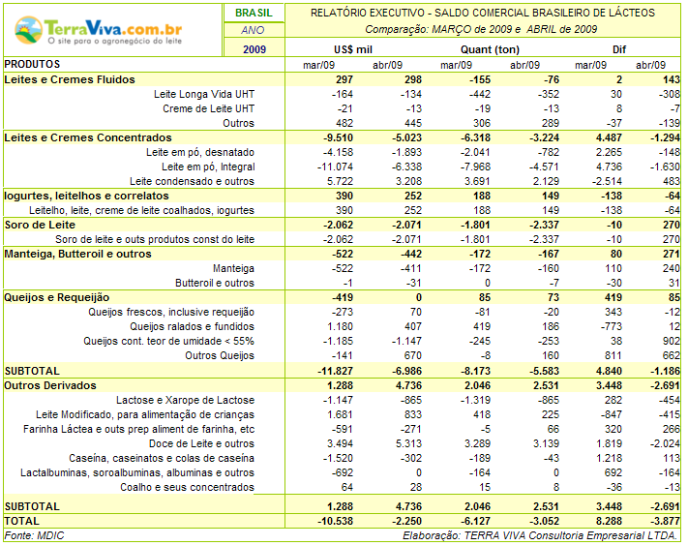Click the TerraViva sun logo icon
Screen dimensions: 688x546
click(x=28, y=30)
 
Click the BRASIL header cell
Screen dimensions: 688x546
click(x=254, y=13)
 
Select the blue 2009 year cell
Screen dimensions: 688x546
click(x=254, y=49)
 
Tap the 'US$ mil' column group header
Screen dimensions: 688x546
click(x=353, y=49)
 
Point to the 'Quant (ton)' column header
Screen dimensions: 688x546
click(x=490, y=49)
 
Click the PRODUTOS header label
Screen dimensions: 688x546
click(x=32, y=64)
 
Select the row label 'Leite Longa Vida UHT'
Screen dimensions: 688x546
click(x=204, y=94)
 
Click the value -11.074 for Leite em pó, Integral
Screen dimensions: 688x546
click(x=335, y=167)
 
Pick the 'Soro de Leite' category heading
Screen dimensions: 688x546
click(x=40, y=225)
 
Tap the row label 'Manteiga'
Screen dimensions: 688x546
click(x=233, y=268)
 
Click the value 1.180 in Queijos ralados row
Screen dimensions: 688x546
click(x=340, y=326)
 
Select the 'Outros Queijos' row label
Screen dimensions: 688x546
click(x=220, y=355)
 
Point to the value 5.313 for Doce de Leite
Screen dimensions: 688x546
click(x=408, y=443)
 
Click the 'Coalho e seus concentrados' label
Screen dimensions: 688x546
click(x=187, y=487)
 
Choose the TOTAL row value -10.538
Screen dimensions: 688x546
click(x=335, y=521)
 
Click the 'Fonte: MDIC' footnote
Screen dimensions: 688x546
click(x=34, y=535)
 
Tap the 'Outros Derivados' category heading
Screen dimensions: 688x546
click(x=50, y=385)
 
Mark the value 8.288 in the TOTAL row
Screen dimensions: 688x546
click(x=609, y=521)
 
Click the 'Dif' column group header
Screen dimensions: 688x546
click(x=619, y=49)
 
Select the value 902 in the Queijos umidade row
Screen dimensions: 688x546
click(x=671, y=341)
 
